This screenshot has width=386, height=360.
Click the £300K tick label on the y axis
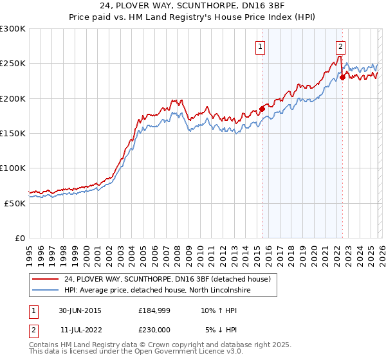pyautogui.click(x=13, y=29)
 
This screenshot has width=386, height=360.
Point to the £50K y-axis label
pyautogui.click(x=15, y=203)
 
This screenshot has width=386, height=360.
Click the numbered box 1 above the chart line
pyautogui.click(x=261, y=46)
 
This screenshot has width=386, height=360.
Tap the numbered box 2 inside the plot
pyautogui.click(x=340, y=46)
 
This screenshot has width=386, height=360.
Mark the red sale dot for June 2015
pyautogui.click(x=262, y=109)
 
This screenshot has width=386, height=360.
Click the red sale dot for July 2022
pyautogui.click(x=342, y=77)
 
